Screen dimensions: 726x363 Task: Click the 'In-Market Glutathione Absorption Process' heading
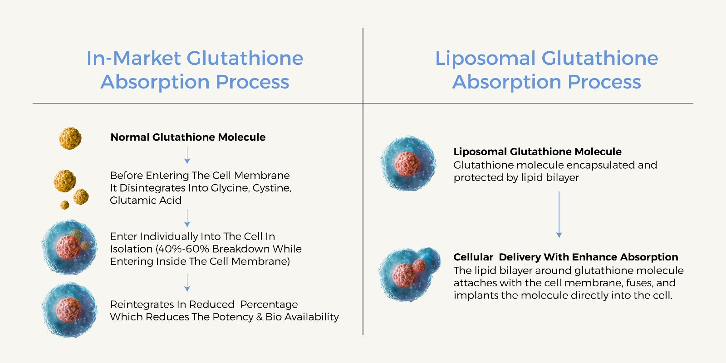pos(195,70)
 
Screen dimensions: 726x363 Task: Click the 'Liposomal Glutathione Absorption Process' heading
pos(546,70)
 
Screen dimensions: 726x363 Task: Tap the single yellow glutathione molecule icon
pos(70,138)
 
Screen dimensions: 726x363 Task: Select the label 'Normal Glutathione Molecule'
pos(188,137)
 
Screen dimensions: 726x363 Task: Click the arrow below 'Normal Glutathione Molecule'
pos(187,155)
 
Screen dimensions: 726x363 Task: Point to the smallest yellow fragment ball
pos(65,205)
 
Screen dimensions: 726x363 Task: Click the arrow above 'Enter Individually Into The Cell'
pos(187,218)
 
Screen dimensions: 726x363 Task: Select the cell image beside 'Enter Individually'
pos(69,247)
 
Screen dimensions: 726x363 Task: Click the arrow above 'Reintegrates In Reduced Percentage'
pos(187,283)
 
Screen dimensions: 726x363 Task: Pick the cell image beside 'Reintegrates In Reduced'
pos(69,309)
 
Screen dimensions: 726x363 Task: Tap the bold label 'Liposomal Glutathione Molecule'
pos(537,152)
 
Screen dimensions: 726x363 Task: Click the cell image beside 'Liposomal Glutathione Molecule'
pos(408,163)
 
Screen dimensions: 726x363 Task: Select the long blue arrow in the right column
pos(559,215)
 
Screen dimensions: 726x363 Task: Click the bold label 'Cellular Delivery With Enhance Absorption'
pos(565,257)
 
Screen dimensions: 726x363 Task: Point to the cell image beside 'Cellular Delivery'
pos(409,274)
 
